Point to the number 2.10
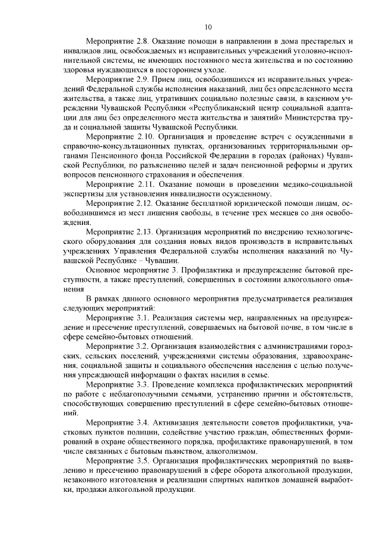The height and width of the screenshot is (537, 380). [144, 137]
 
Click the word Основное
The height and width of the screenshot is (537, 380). [104, 270]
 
